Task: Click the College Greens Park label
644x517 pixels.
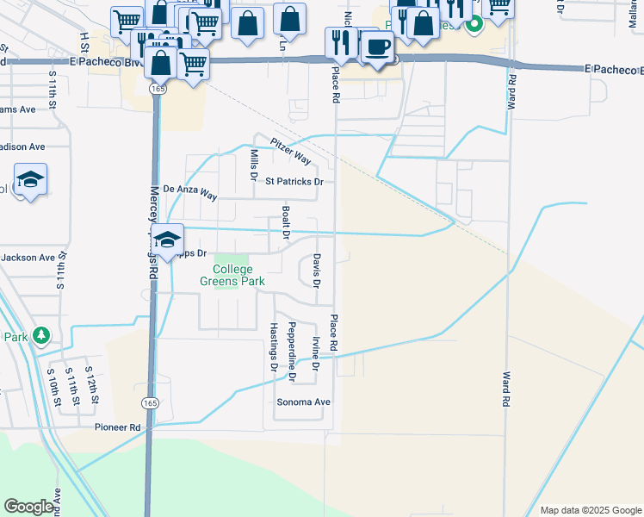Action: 232,275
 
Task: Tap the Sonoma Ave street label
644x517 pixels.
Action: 303,402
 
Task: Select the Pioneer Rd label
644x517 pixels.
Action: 117,427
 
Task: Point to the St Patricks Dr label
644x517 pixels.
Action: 294,182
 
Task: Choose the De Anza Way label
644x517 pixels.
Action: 190,191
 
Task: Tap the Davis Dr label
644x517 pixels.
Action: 317,271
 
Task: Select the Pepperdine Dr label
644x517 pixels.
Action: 293,351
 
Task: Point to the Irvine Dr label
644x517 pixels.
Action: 316,354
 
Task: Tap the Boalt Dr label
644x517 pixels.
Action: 286,221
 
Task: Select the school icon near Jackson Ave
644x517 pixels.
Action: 168,238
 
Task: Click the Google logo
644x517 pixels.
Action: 28,507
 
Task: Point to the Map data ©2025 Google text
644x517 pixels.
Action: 590,510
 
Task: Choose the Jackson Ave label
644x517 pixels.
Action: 28,257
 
